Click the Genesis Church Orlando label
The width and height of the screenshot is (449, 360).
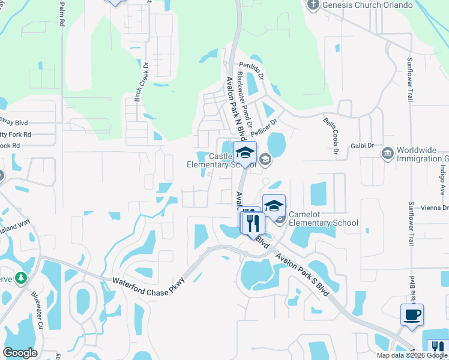click(367, 5)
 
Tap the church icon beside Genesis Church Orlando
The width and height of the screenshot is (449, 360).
click(313, 5)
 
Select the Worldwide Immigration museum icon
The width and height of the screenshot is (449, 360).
click(387, 155)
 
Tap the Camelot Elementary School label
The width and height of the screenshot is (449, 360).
click(323, 218)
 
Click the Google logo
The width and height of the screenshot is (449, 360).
click(20, 353)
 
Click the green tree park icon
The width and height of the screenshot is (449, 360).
click(22, 278)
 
